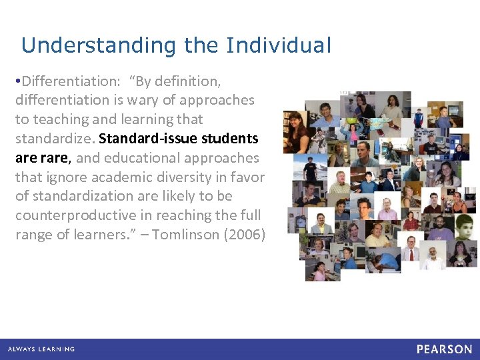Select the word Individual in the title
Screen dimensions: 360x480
(278, 45)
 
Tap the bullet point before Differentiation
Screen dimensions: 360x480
(19, 81)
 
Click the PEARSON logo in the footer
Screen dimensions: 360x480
(444, 349)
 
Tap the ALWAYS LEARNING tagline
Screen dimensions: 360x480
(41, 349)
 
